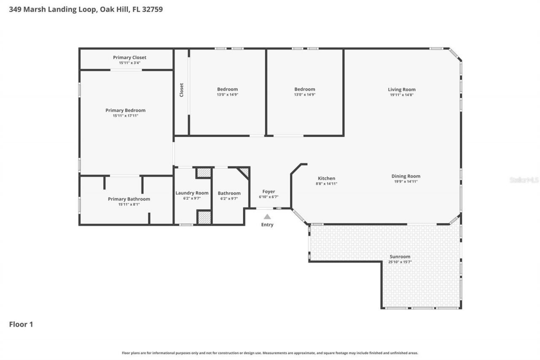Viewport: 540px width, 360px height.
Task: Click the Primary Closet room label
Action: click(130, 57)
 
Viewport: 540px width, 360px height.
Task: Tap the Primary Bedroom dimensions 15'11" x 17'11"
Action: click(125, 116)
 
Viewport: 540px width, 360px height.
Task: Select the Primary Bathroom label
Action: click(129, 199)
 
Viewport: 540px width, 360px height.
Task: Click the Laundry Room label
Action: click(192, 193)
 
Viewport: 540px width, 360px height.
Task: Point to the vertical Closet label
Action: click(182, 90)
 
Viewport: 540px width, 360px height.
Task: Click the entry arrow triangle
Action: click(267, 217)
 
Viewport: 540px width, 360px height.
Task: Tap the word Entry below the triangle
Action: click(267, 225)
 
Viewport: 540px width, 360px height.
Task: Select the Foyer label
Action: click(269, 192)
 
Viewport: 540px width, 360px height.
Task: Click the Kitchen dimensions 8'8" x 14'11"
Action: click(327, 184)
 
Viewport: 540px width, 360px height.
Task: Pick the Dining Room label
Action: click(406, 176)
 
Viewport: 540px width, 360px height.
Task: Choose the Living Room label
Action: click(402, 89)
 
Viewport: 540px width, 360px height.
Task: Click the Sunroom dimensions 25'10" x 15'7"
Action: click(400, 262)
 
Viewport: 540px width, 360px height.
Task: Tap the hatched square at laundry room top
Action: click(204, 173)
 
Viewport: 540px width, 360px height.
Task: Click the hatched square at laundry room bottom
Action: click(204, 217)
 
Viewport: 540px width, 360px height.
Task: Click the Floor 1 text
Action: click(21, 324)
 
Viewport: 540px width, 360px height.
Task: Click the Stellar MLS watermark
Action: click(524, 180)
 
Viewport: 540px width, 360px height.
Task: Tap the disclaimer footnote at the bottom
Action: click(270, 353)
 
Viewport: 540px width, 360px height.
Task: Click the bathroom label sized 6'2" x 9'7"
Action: click(229, 193)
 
